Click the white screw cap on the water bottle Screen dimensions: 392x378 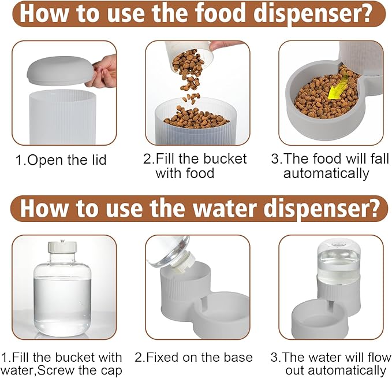coord(62,247)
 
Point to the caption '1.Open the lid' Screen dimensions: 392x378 coord(61,160)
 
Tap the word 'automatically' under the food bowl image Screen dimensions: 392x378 coord(326,173)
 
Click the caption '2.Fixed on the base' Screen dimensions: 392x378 coord(194,357)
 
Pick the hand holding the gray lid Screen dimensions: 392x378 coord(106,70)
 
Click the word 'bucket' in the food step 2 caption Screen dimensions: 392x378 coord(225,159)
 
